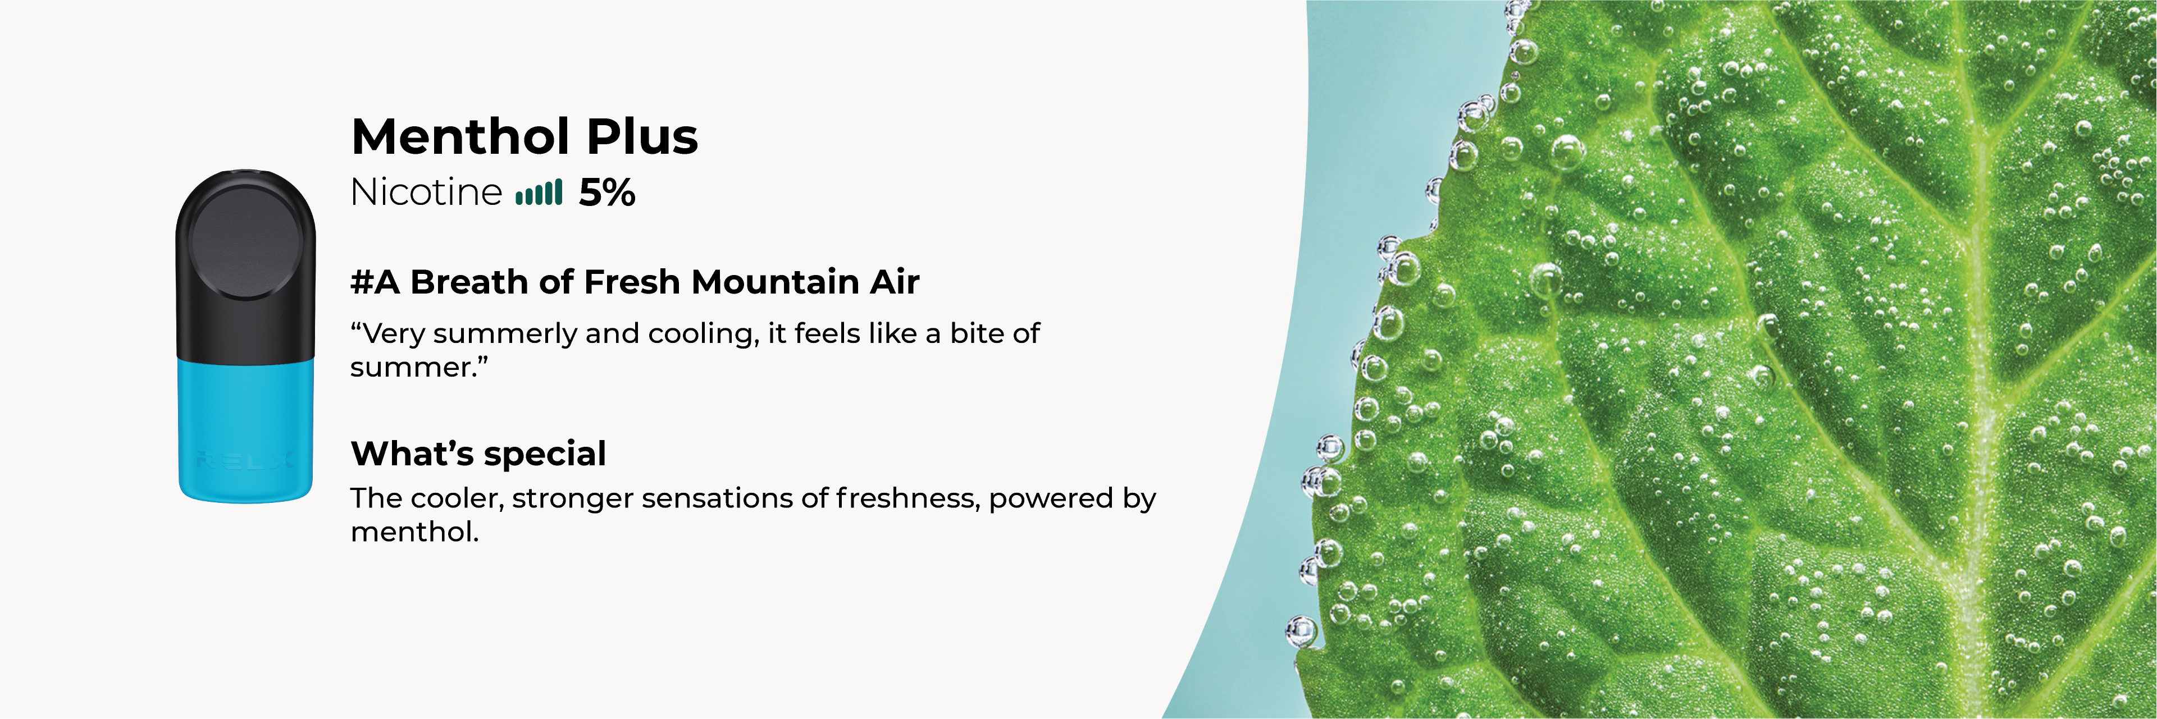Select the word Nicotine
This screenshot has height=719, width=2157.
426,193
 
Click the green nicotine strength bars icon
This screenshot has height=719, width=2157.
539,193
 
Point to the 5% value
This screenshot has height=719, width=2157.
607,193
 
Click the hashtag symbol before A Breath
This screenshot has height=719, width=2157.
362,282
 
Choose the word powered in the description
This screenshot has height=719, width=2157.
1051,500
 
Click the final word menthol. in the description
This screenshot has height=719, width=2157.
414,532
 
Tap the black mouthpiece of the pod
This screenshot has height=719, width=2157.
245,264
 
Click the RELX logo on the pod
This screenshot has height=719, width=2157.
244,460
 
